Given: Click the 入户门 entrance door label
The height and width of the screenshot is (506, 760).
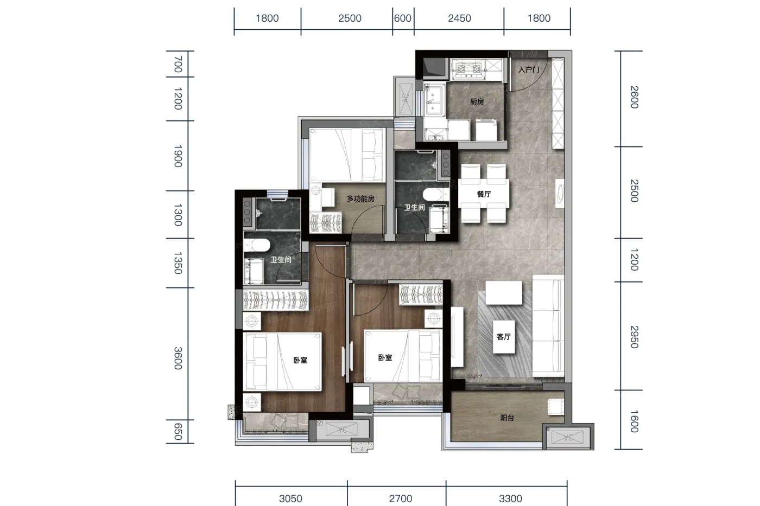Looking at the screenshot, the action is tap(529, 70).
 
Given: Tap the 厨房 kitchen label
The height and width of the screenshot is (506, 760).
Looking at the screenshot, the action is tap(477, 101).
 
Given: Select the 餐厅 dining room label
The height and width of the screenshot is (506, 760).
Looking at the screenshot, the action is tap(484, 194).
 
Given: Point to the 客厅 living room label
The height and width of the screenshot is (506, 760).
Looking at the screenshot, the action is tap(504, 337).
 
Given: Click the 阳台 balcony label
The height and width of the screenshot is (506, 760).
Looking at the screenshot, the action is tap(507, 418).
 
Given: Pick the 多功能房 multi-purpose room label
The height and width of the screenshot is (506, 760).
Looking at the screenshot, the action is tap(360, 198).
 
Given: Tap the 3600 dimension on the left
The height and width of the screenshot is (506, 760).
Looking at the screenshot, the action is tap(178, 358).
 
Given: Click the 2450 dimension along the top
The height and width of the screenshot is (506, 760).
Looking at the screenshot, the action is tap(459, 18).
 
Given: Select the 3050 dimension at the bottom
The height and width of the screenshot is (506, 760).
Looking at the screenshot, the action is tap(290, 498).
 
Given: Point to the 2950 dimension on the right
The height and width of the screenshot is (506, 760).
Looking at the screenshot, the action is tap(634, 337).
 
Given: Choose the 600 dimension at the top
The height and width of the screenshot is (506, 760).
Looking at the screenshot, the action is tap(403, 18).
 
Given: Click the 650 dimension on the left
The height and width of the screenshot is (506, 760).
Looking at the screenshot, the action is tap(178, 432).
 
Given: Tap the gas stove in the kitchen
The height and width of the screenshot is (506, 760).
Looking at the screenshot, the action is tap(469, 69).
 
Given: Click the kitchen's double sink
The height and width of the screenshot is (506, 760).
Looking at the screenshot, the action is tap(433, 99).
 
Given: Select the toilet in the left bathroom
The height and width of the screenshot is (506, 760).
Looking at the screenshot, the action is tap(257, 245).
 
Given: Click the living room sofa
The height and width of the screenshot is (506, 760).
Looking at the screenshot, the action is tap(548, 325).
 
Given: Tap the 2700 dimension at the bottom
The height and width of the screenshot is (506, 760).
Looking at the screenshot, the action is tap(401, 498).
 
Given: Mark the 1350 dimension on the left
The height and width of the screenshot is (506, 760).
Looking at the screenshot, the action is tap(178, 263).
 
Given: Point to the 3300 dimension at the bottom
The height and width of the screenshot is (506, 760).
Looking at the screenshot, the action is tap(510, 498).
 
